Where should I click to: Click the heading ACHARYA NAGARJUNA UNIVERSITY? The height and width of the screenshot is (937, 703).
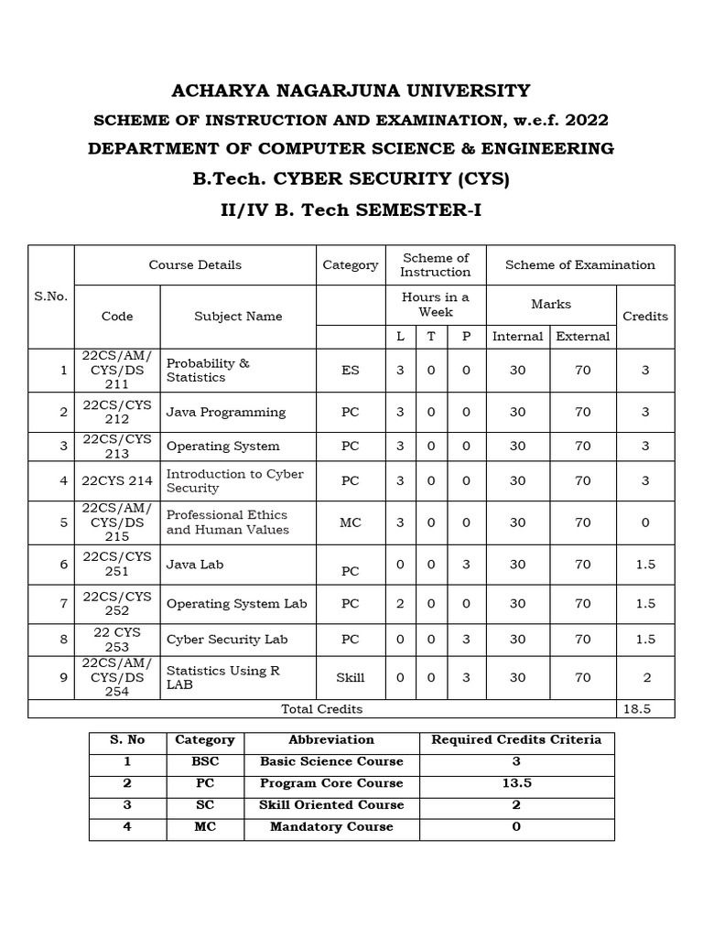click(351, 91)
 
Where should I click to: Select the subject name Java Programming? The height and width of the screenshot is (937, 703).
click(225, 412)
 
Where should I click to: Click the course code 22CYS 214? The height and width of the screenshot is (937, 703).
click(117, 480)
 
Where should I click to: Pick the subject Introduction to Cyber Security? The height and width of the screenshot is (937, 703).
click(234, 480)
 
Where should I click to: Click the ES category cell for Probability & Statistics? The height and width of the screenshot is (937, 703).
click(350, 371)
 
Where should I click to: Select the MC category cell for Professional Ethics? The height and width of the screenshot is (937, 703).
click(350, 522)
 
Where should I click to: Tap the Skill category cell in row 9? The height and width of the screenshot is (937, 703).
click(350, 677)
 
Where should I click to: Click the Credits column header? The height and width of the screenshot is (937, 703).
click(645, 316)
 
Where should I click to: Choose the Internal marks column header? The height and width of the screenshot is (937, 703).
click(518, 336)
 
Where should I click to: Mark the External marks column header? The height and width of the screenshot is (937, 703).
click(583, 336)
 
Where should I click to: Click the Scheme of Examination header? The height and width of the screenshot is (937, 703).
click(580, 265)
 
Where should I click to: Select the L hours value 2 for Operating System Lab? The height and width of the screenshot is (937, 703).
click(400, 604)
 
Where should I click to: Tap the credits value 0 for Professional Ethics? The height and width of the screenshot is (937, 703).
click(645, 522)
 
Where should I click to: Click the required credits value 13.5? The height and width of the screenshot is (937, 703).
click(516, 783)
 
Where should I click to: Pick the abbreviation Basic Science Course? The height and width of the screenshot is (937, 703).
click(331, 761)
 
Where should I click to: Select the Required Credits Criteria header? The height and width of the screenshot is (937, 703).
click(516, 739)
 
